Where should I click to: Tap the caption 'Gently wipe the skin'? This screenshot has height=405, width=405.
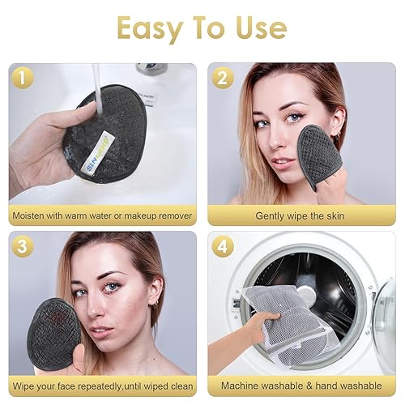tap(301, 215)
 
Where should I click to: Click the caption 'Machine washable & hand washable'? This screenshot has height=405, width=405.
tap(301, 385)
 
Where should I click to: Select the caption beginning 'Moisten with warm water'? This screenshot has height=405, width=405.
tap(102, 215)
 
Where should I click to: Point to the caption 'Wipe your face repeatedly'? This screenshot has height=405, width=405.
tap(102, 385)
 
